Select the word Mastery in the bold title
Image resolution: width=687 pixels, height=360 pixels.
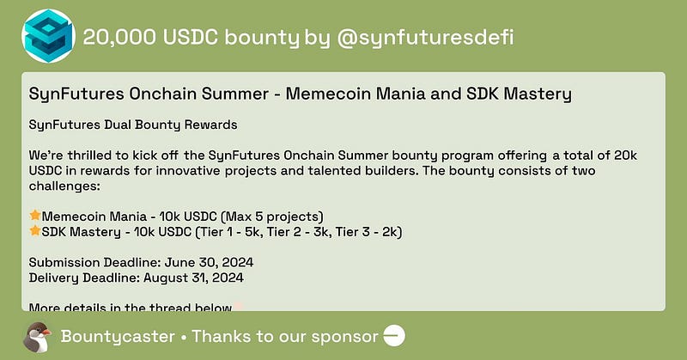[532, 92]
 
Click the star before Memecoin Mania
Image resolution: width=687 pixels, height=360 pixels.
[35, 215]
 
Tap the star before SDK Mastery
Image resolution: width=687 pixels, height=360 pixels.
[35, 231]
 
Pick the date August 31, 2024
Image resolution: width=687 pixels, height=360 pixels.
[203, 278]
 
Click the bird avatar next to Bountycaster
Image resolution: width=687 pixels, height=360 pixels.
[37, 336]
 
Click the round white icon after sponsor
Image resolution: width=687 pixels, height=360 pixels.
[393, 337]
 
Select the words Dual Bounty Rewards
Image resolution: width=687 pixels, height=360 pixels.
[163, 125]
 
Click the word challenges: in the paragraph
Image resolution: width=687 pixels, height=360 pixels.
[65, 185]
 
